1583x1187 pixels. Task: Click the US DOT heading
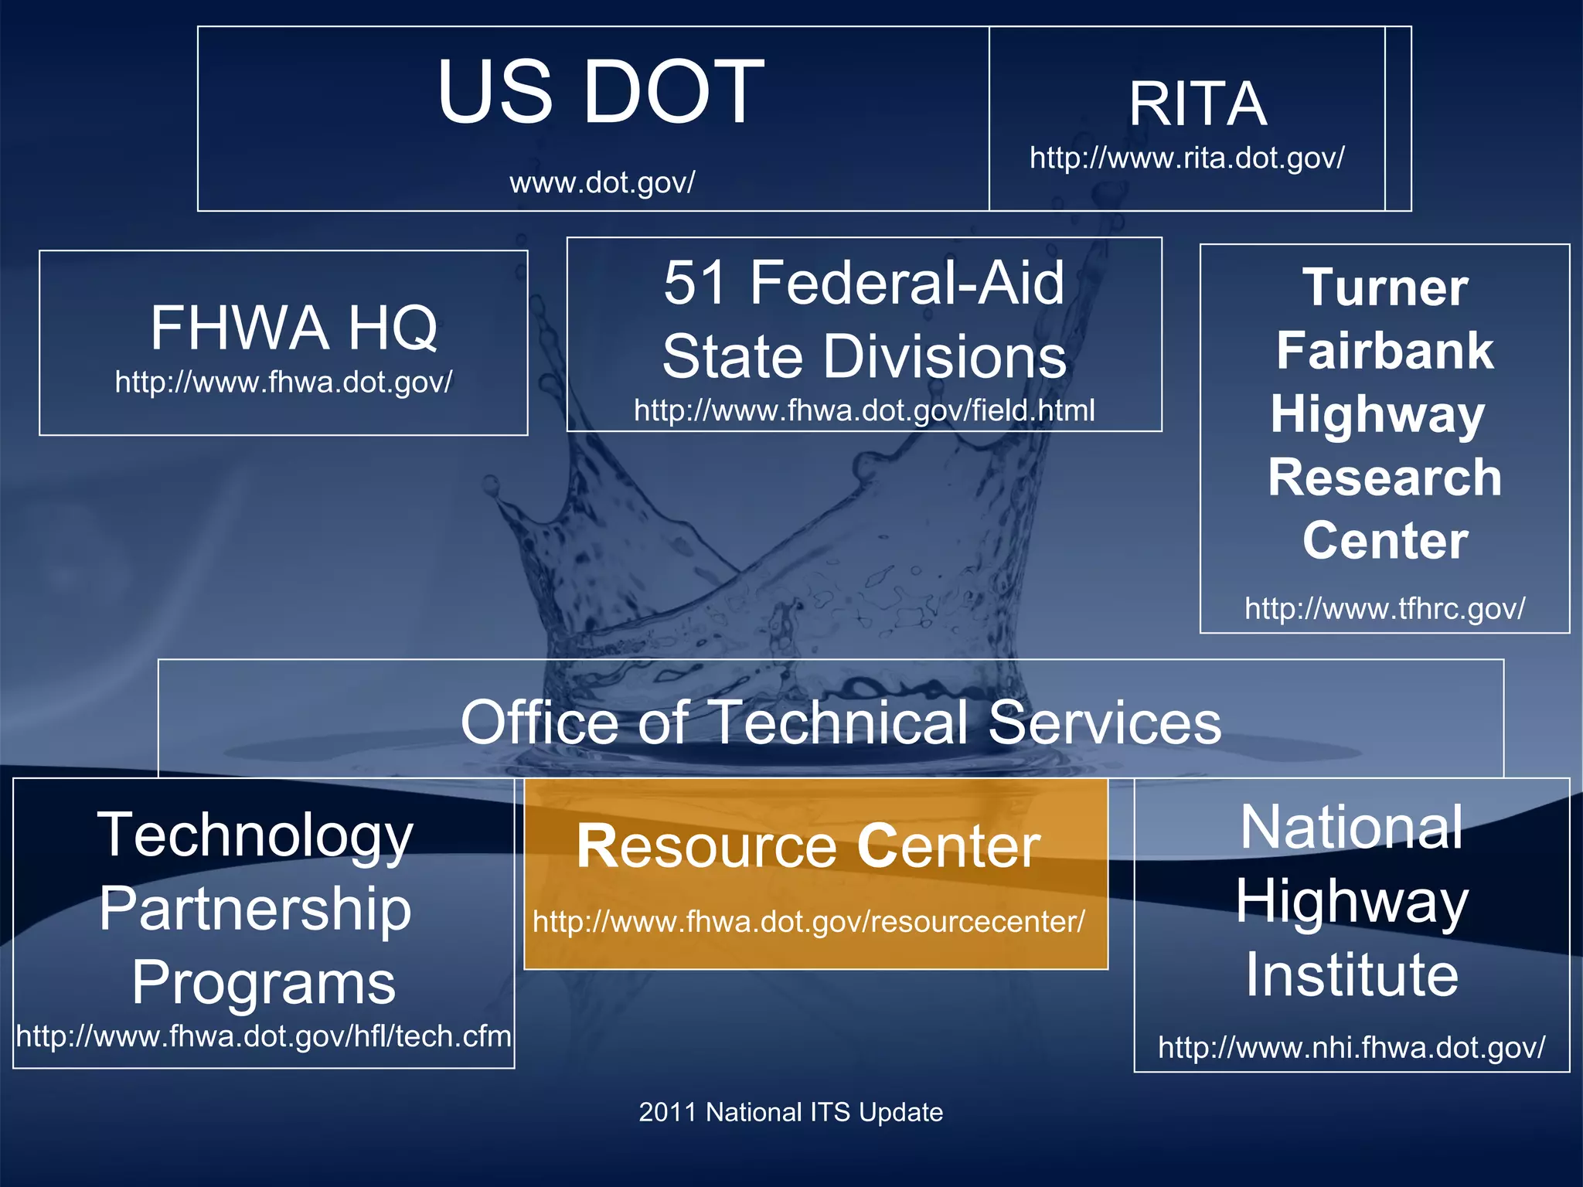pos(600,92)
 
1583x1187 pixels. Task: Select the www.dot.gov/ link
pos(602,183)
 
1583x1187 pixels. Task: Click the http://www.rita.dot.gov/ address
pos(1186,158)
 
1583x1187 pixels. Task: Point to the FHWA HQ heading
pos(294,328)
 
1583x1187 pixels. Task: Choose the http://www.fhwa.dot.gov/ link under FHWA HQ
pos(284,383)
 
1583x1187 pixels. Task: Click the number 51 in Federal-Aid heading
pos(695,283)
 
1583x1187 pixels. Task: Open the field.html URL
pos(864,410)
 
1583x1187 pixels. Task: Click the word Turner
pos(1384,287)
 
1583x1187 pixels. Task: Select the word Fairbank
pos(1384,351)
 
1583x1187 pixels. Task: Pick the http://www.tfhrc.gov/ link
pos(1384,609)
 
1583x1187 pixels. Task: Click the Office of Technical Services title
pos(841,722)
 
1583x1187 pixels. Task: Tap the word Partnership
pos(255,909)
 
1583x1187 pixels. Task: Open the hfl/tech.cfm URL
pos(264,1036)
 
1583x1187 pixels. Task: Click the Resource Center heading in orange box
pos(808,846)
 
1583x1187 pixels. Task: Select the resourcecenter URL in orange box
pos(809,922)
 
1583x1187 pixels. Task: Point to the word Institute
pos(1352,974)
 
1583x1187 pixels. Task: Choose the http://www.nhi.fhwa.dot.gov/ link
pos(1351,1048)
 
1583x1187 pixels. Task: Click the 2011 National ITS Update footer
pos(791,1112)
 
